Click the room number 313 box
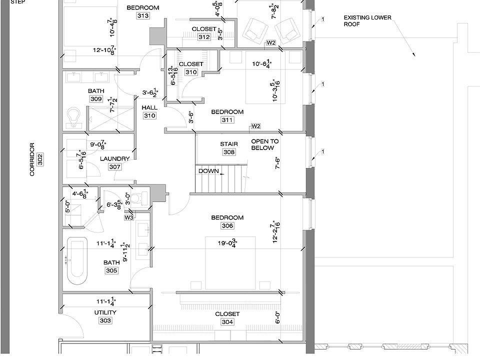(143, 16)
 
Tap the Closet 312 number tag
(204, 37)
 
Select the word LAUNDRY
(114, 159)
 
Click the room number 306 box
(227, 226)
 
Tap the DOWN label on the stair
(208, 171)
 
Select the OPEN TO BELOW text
(265, 144)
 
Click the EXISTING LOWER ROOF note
(367, 20)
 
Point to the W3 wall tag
(129, 217)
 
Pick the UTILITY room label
(105, 312)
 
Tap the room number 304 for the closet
(227, 322)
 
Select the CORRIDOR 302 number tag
(40, 159)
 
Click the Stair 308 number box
(229, 152)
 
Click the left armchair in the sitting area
(254, 29)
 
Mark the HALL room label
(149, 107)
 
